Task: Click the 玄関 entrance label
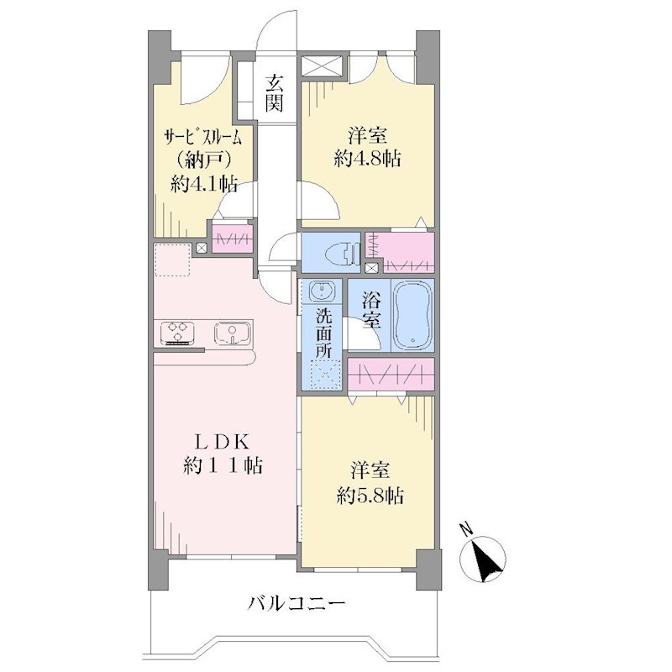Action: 274,92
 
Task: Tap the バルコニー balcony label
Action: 297,605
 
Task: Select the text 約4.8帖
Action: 367,159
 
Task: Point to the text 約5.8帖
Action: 370,496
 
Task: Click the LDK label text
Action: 223,443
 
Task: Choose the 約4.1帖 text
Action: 204,184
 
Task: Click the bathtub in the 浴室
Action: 413,316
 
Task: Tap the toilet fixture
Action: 342,255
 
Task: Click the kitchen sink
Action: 233,333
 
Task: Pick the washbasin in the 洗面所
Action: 321,291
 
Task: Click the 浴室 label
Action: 371,309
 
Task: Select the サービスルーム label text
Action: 204,138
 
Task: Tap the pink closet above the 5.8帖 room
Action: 391,375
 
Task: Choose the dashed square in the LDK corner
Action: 172,260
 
